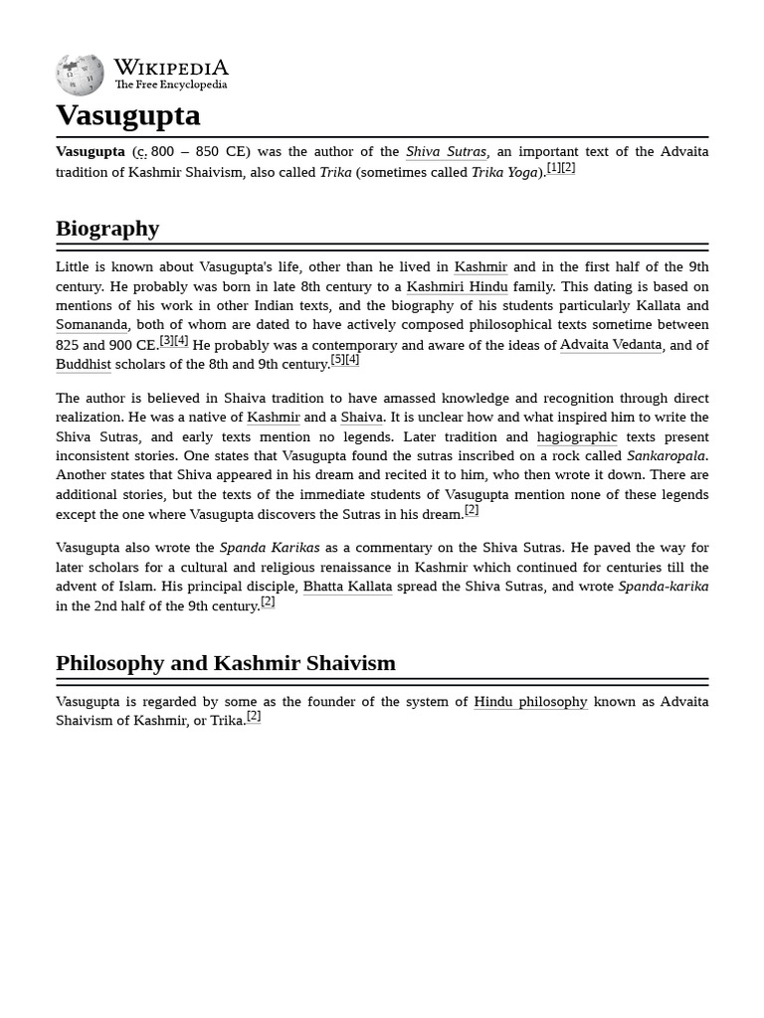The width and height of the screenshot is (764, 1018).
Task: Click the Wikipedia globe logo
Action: pyautogui.click(x=80, y=75)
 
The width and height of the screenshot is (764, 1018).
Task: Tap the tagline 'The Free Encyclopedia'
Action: pyautogui.click(x=170, y=85)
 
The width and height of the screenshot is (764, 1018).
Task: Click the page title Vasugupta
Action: pyautogui.click(x=127, y=115)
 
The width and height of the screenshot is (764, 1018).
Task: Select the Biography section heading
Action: pyautogui.click(x=107, y=229)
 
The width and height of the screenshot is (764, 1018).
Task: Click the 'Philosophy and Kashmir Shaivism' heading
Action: pyautogui.click(x=226, y=663)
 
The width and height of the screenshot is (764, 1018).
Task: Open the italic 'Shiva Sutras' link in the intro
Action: pyautogui.click(x=446, y=152)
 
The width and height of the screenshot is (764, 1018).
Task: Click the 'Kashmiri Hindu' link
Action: pyautogui.click(x=457, y=286)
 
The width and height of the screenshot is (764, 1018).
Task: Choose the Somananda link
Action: pyautogui.click(x=92, y=325)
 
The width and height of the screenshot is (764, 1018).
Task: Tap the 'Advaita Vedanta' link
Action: pyautogui.click(x=610, y=345)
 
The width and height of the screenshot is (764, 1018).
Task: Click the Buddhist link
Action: pyautogui.click(x=84, y=365)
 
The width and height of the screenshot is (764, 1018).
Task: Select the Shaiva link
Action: pyautogui.click(x=361, y=418)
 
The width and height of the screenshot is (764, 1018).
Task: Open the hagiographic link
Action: pyautogui.click(x=577, y=436)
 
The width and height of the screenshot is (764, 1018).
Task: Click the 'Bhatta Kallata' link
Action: pyautogui.click(x=347, y=587)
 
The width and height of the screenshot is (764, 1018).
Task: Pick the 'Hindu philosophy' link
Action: pyautogui.click(x=530, y=702)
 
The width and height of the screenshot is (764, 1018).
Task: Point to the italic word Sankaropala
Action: pyautogui.click(x=666, y=456)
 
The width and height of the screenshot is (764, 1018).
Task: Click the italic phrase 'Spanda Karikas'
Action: pyautogui.click(x=270, y=548)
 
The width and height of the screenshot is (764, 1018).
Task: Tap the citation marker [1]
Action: pyautogui.click(x=554, y=168)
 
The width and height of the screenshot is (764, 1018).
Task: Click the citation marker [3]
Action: pyautogui.click(x=167, y=341)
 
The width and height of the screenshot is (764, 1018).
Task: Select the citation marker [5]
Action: pyautogui.click(x=338, y=360)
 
